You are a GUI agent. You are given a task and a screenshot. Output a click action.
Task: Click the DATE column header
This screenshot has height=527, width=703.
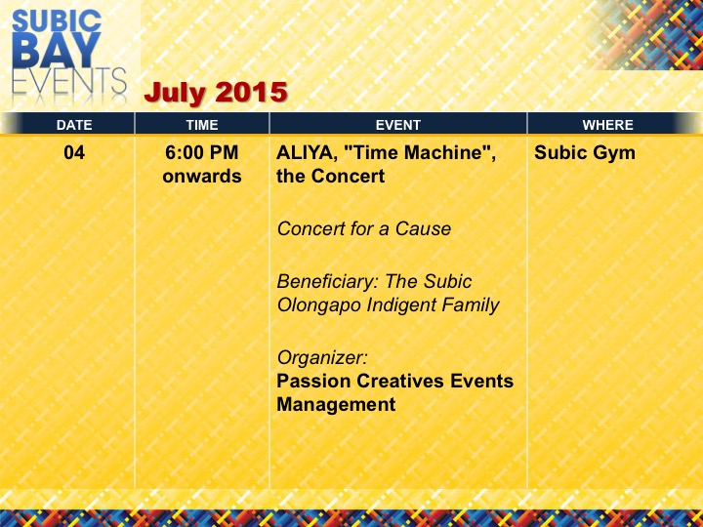tap(74, 125)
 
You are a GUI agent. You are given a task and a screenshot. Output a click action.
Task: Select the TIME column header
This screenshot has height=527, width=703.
tap(202, 125)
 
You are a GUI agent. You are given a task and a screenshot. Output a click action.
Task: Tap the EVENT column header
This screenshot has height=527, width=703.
tap(397, 125)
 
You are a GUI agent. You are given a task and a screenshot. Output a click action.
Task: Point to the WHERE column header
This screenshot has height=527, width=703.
tap(607, 125)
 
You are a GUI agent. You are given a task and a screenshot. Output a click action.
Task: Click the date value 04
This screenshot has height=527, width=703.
tap(74, 153)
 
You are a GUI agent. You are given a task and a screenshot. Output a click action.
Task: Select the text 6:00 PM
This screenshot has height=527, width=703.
tap(202, 153)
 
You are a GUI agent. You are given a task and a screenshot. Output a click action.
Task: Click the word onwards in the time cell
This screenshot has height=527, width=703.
tap(202, 176)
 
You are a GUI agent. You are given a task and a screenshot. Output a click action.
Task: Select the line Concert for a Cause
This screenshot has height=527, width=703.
tap(363, 229)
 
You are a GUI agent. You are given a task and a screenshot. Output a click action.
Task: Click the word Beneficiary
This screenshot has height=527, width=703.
tap(328, 282)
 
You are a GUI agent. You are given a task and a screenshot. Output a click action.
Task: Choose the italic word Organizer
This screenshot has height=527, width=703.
tap(322, 358)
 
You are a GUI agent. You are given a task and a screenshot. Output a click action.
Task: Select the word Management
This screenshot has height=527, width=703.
tap(336, 404)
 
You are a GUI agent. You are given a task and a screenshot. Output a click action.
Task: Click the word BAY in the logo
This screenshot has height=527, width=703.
tap(57, 50)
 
